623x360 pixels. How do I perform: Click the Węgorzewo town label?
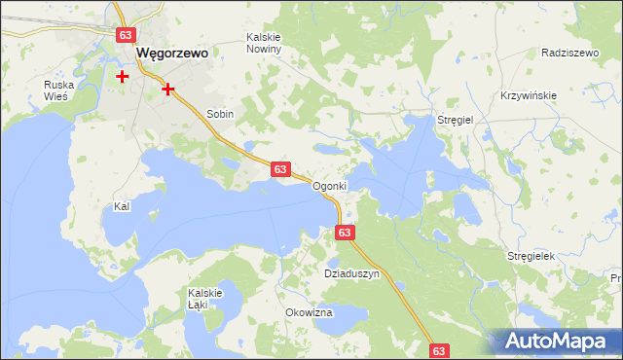click(x=172, y=54)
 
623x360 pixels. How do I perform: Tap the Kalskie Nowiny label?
click(x=264, y=43)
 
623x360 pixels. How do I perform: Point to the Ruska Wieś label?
click(x=58, y=90)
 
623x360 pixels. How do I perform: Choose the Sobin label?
click(x=220, y=114)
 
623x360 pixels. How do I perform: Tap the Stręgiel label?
click(x=455, y=120)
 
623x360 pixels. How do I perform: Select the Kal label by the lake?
click(x=122, y=207)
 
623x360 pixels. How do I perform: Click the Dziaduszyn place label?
click(x=351, y=274)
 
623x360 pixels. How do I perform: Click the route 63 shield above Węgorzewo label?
click(x=125, y=35)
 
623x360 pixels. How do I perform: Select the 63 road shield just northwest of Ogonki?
click(x=279, y=169)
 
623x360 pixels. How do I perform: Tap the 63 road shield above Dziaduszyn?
click(x=345, y=233)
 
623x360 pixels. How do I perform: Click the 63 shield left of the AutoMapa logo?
click(x=439, y=350)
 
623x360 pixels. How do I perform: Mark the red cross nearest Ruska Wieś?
click(x=123, y=75)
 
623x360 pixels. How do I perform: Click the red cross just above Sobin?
click(x=168, y=89)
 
